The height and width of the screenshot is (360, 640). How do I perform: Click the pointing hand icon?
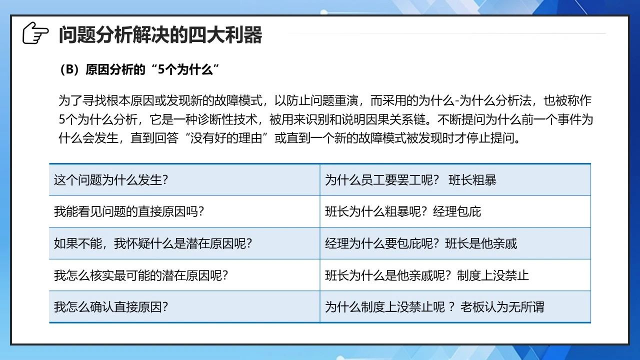(35, 33)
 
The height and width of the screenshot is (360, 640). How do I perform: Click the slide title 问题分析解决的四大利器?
(160, 35)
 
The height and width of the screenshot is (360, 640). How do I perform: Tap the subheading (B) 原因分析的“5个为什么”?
(138, 69)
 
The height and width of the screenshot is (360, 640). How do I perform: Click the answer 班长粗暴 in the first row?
(472, 180)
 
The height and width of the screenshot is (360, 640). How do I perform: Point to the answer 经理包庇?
(457, 211)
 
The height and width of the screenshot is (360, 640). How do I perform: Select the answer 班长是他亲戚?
(481, 243)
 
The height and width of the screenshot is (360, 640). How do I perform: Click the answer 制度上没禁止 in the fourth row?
(493, 275)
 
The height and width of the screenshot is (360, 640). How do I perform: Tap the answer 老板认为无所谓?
(502, 307)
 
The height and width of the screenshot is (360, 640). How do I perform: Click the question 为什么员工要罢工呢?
(382, 180)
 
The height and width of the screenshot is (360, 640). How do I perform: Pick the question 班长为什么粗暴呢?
(376, 211)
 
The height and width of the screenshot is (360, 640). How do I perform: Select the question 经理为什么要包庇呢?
(382, 243)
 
